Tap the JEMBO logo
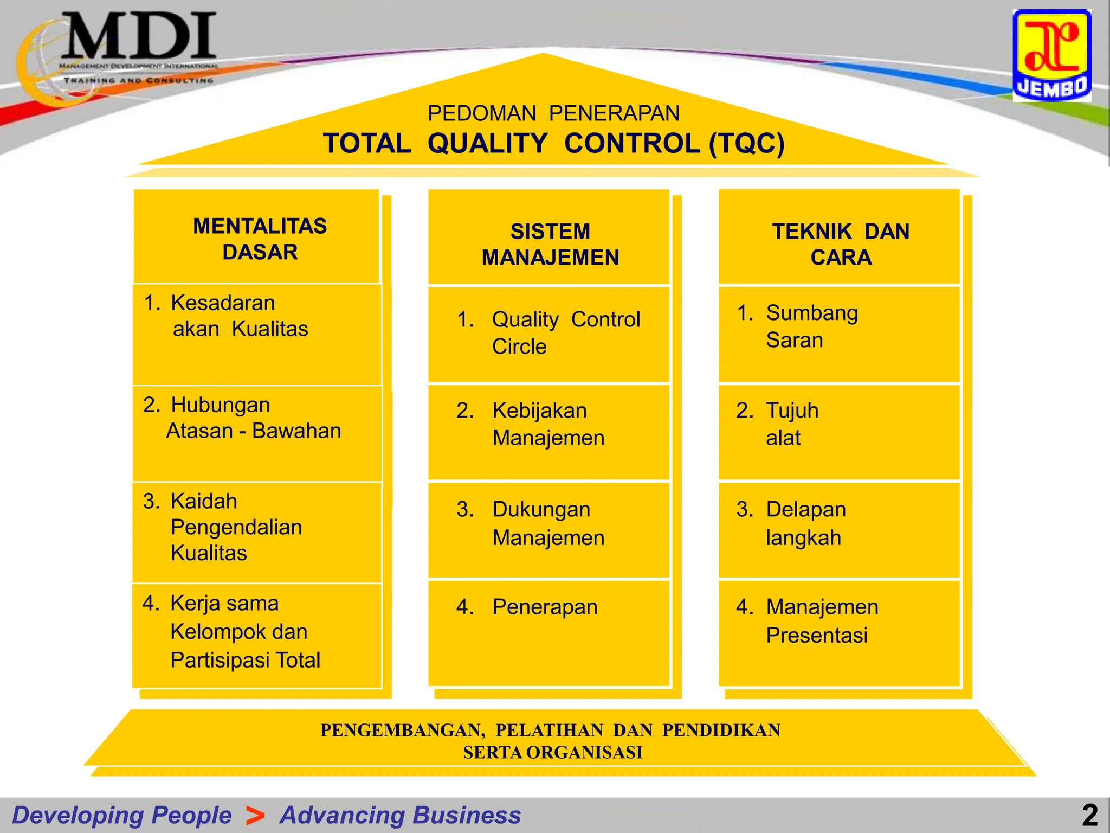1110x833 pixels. (x=1051, y=56)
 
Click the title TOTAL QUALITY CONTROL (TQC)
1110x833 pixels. (x=553, y=144)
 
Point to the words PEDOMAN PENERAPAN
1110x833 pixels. (x=553, y=113)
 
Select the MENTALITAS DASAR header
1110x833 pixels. (x=260, y=239)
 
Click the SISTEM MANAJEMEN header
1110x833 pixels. (x=550, y=244)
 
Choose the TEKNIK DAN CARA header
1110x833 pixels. (x=841, y=244)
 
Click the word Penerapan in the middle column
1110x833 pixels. (x=545, y=607)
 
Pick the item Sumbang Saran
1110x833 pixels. (x=811, y=326)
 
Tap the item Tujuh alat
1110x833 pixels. (x=791, y=424)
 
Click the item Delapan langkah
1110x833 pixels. (x=805, y=523)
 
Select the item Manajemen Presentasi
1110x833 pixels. (x=821, y=620)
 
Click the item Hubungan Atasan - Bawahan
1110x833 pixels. (x=253, y=418)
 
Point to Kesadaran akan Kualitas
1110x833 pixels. (x=238, y=316)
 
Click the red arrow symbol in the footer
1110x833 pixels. (x=255, y=815)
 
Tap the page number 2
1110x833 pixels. (x=1090, y=815)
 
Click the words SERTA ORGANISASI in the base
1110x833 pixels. (x=552, y=753)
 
